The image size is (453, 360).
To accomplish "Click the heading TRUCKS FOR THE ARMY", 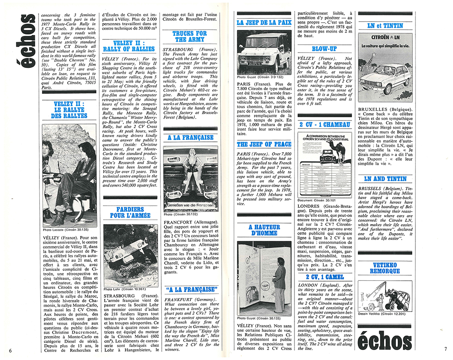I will [189, 37].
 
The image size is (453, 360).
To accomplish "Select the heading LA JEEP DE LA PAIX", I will [264, 22].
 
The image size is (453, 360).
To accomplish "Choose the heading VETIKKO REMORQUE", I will [385, 267].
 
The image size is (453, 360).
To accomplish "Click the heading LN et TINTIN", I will [384, 26].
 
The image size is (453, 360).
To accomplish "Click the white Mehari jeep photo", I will [264, 49].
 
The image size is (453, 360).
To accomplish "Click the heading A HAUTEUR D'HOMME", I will [264, 230].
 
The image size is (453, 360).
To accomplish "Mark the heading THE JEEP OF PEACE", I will [264, 144].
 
